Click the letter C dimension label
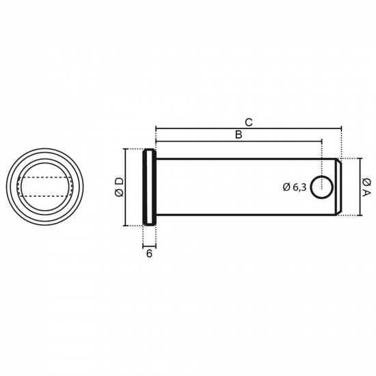coord(249,122)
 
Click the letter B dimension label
coord(239,135)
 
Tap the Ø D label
coord(120,187)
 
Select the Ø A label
coord(366,187)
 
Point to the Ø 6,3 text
coord(295,187)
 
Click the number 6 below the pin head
coord(149,254)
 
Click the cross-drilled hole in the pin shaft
coord(321,187)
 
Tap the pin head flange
coord(150,187)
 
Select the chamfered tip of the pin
coord(338,187)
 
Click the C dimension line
coord(249,129)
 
